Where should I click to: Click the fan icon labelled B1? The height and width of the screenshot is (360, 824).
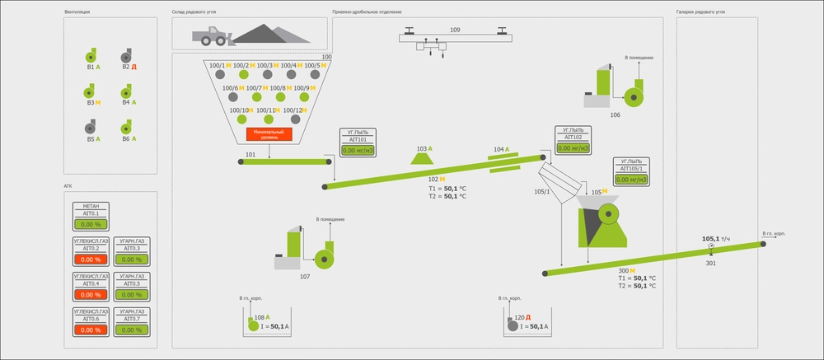tap(91, 55)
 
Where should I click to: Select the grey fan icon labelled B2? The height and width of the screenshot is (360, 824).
tap(125, 55)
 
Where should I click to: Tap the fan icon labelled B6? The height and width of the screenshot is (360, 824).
tap(125, 128)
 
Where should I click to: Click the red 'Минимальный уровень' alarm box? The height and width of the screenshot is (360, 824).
tap(269, 134)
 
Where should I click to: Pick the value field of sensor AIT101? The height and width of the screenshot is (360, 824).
tap(357, 150)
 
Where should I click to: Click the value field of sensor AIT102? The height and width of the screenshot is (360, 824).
tap(574, 149)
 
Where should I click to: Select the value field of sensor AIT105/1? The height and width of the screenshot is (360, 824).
tap(632, 179)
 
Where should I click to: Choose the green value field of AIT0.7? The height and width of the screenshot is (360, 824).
tap(132, 330)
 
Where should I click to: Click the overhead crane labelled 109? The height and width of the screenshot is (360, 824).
tap(454, 38)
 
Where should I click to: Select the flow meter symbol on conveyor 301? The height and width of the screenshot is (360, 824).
tap(711, 247)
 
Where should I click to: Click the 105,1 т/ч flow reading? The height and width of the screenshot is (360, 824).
tap(710, 238)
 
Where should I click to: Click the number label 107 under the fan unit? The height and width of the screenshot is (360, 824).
tap(305, 276)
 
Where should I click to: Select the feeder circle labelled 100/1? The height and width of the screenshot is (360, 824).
tap(221, 74)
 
